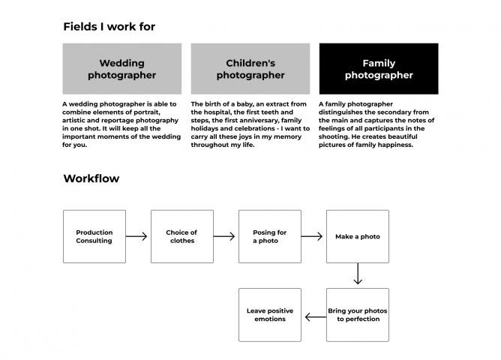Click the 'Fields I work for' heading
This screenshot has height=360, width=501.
tap(109, 26)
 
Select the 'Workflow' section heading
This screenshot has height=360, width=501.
tap(91, 178)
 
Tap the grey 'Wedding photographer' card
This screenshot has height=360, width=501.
tap(122, 69)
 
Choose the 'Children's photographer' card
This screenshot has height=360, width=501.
tap(250, 69)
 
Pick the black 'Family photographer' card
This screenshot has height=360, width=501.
tap(379, 69)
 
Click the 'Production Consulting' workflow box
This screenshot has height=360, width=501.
tap(94, 236)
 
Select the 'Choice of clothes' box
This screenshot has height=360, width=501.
tap(182, 236)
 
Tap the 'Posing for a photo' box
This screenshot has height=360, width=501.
tap(270, 236)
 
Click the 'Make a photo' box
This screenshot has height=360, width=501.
tap(358, 236)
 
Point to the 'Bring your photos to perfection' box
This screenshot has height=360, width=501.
tap(358, 315)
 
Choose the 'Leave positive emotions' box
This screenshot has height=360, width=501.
tap(270, 315)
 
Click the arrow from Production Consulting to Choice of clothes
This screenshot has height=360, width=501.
tap(136, 236)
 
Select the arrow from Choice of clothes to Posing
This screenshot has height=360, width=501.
tap(224, 236)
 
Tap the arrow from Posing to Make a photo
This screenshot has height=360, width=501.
tap(312, 236)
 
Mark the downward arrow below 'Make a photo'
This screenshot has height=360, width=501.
tap(358, 274)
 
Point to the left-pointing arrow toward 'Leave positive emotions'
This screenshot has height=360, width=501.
tap(316, 317)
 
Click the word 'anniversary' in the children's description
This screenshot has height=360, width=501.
tap(260, 121)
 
